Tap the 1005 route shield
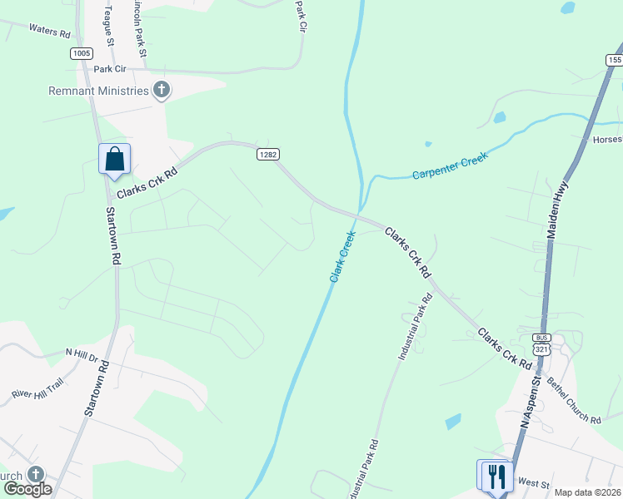click(81, 53)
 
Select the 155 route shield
click(614, 60)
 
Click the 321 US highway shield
click(542, 350)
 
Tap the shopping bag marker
click(114, 159)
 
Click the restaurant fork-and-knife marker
click(497, 476)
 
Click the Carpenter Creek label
click(450, 165)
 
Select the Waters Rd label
click(50, 31)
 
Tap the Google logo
click(27, 488)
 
